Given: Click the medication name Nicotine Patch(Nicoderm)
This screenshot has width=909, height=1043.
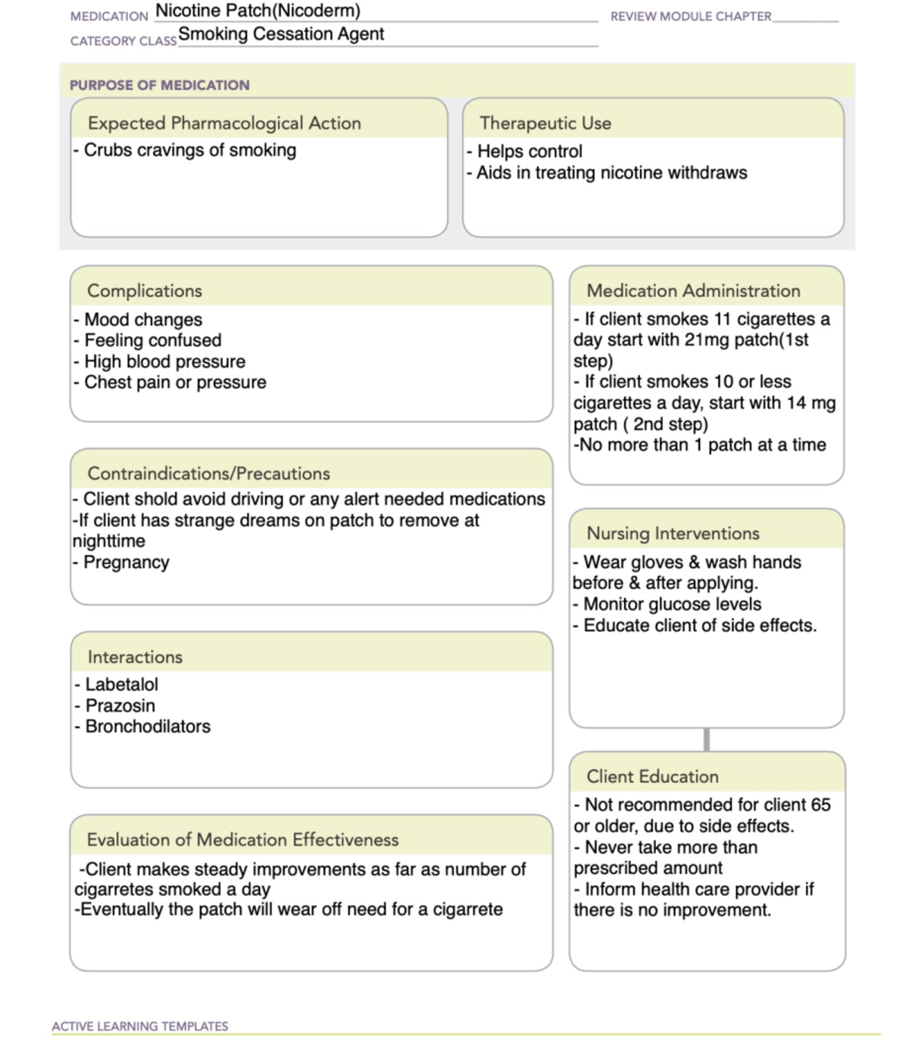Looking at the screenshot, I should click(x=258, y=11).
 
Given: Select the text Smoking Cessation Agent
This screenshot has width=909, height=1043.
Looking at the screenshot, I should click(x=281, y=34).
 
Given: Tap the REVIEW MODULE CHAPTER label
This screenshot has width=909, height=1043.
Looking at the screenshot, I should click(x=691, y=17).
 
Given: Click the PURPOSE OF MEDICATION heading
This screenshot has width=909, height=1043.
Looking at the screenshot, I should click(x=159, y=86).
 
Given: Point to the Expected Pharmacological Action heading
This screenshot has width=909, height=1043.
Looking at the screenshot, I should click(x=224, y=124).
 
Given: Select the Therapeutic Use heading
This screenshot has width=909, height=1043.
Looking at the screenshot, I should click(x=545, y=124).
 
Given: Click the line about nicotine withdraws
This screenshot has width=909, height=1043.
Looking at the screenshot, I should click(x=611, y=173).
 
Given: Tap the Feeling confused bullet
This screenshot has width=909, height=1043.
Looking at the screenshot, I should click(x=152, y=340).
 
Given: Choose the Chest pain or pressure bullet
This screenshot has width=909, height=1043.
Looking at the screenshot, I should click(x=175, y=383).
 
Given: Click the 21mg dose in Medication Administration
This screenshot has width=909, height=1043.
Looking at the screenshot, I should click(x=706, y=340).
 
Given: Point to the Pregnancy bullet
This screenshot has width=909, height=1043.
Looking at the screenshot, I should click(x=126, y=562).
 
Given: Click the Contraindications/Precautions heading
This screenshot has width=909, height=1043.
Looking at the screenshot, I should click(x=209, y=474).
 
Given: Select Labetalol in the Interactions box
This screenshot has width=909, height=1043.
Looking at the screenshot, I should click(x=121, y=684).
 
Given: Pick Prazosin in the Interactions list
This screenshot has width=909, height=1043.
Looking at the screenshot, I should click(x=120, y=706).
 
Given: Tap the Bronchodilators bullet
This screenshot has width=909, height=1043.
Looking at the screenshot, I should click(x=148, y=727).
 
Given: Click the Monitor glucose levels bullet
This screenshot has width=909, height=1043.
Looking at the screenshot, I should click(x=672, y=605).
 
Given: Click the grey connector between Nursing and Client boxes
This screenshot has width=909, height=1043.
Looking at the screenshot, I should click(x=707, y=740).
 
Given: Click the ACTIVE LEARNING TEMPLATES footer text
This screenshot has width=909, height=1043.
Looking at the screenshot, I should click(x=140, y=1026).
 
